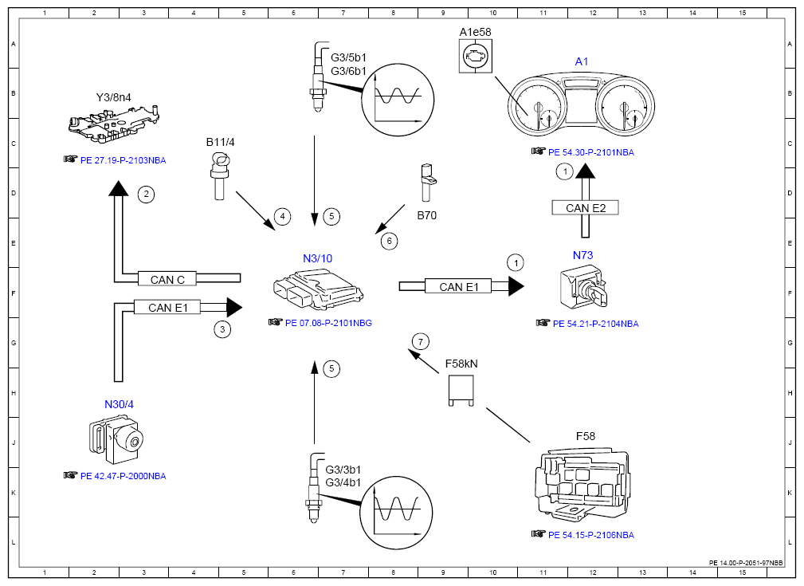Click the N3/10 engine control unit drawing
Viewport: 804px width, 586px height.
click(319, 290)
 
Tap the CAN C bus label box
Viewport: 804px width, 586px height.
click(167, 279)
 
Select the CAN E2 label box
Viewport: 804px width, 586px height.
click(585, 207)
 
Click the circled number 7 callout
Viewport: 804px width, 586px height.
click(421, 342)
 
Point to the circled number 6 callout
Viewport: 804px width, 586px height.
click(389, 241)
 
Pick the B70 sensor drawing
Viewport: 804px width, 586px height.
click(426, 183)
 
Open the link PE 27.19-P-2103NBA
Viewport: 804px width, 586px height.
click(123, 160)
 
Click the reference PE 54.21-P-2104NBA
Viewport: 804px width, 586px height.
click(596, 324)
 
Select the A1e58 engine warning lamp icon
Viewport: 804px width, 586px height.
click(476, 56)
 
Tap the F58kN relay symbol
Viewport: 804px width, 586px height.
click(461, 390)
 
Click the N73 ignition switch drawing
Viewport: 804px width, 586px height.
click(584, 287)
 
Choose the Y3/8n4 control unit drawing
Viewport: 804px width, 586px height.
click(113, 124)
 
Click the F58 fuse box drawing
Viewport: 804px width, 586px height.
click(582, 485)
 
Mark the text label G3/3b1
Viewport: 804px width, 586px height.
click(343, 470)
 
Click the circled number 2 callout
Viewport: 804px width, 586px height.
click(146, 194)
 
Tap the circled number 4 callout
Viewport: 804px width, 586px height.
click(282, 217)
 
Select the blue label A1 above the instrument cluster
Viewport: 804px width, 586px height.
click(582, 61)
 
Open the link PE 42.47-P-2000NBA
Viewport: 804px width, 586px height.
click(123, 476)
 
